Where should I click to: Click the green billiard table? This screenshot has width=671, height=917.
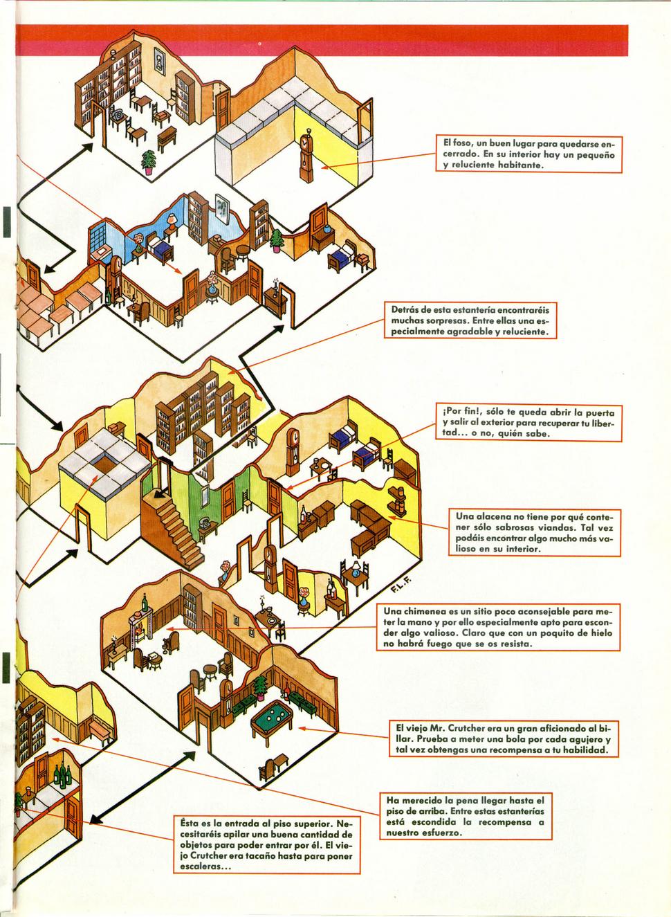[x=272, y=725]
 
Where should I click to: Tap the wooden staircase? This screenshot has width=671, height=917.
[x=173, y=528]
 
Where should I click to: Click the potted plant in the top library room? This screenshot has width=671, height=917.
[x=149, y=162]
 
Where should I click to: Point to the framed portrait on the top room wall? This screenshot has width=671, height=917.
[x=159, y=61]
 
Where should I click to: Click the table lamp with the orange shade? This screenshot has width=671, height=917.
[x=172, y=222]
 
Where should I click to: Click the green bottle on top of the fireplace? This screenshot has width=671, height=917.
[x=144, y=601]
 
